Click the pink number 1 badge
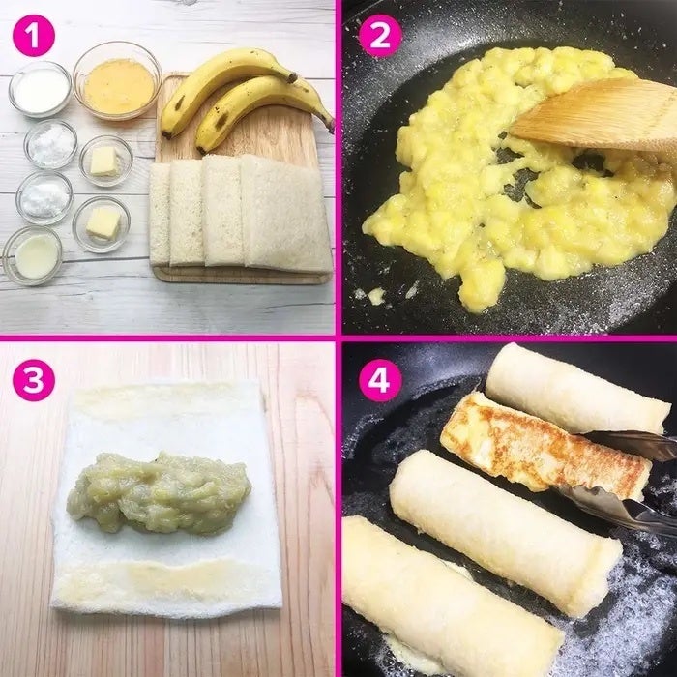pos(34,36)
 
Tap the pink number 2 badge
pos(380,36)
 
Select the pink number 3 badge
pos(34,380)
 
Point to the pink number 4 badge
pos(380,380)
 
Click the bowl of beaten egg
pos(117,82)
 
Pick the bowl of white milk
pos(40,89)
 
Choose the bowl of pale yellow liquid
pos(33,255)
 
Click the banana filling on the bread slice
pos(159,492)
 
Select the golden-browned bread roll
pos(545,447)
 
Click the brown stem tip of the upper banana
pos(293,77)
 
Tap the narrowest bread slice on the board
pos(160,215)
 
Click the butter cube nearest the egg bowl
pos(103,162)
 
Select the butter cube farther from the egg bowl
pos(103,222)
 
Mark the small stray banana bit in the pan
pos(376,295)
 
